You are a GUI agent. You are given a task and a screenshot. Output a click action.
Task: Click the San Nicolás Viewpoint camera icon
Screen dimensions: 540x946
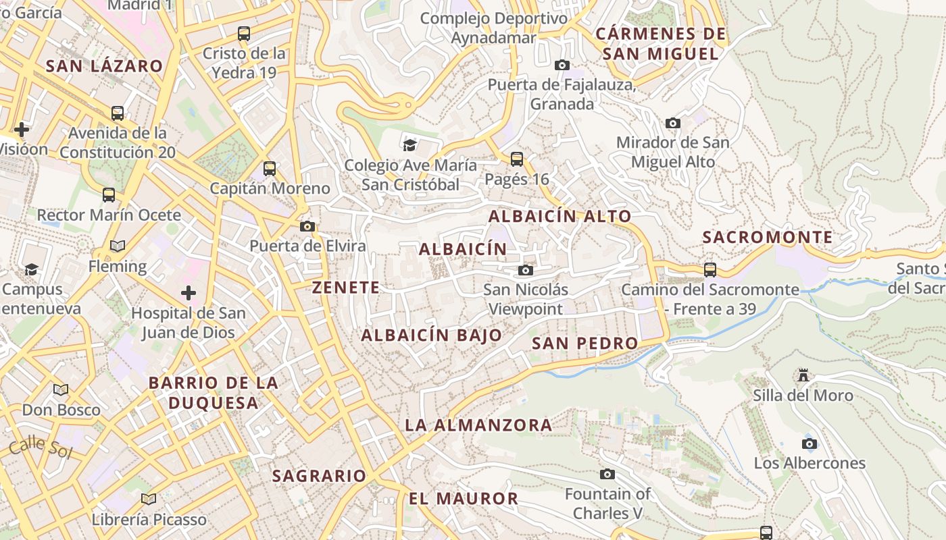pos(525,271)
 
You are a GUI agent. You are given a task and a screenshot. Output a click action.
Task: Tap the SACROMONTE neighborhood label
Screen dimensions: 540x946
pos(768,237)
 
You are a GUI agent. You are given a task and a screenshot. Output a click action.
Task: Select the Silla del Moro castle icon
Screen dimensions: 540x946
pos(803,375)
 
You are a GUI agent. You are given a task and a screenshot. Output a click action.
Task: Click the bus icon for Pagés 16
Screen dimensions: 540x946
pos(517,159)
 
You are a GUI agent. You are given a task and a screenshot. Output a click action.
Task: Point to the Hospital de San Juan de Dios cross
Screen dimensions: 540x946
pos(189,293)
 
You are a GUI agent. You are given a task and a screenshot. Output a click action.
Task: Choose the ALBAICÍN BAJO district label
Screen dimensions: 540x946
pos(432,335)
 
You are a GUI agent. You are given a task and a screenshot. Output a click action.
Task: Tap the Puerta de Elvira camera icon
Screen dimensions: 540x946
pos(307,226)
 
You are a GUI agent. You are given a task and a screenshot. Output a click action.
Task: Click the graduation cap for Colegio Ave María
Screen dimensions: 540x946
pos(409,145)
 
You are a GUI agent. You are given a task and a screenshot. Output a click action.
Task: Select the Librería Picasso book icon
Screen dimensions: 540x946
pos(149,500)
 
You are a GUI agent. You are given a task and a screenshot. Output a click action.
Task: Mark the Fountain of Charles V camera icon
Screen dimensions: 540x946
pos(607,475)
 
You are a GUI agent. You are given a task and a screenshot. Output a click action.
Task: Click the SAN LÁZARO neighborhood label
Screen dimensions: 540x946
pos(104,66)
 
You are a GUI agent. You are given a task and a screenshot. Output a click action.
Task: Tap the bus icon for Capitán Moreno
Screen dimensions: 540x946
pos(270,169)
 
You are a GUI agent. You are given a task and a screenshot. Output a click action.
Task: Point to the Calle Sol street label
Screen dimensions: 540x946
pos(41,448)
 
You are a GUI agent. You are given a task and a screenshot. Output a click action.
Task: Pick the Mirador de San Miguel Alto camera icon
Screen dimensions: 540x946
pos(673,123)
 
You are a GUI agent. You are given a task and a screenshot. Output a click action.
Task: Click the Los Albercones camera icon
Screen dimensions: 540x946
pos(810,443)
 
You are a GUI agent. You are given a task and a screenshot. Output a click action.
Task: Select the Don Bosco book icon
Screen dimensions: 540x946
pos(61,390)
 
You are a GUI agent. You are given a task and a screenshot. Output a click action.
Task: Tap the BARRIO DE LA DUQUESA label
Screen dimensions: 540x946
pos(214,393)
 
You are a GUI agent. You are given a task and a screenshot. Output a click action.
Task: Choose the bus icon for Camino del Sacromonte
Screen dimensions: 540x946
pos(710,270)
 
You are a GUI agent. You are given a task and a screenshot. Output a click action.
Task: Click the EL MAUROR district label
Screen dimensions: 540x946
pos(463,499)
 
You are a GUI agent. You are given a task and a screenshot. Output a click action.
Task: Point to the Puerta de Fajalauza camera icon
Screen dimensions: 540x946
pos(562,65)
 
